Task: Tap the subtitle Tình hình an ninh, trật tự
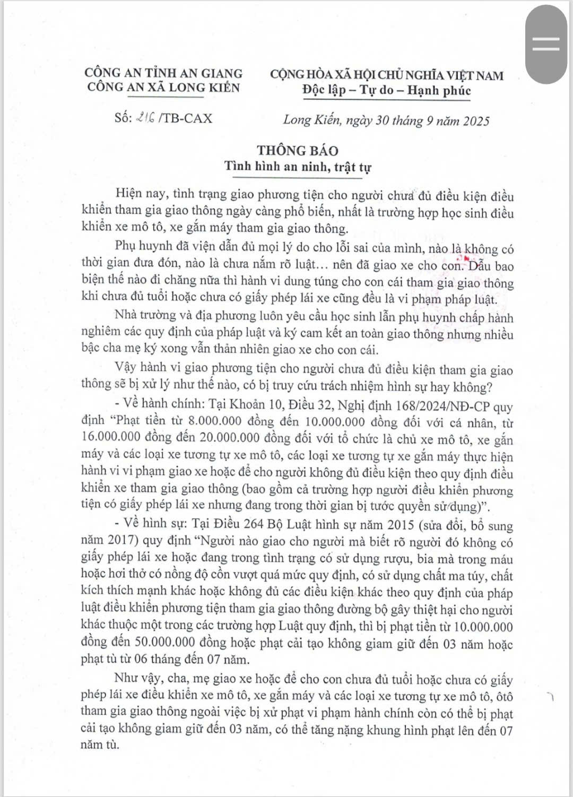click(x=298, y=167)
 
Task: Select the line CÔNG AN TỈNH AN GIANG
click(x=163, y=73)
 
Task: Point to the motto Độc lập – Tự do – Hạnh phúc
click(x=386, y=90)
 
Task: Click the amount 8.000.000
click(x=211, y=421)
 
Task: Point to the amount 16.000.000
click(x=114, y=437)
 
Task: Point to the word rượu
click(x=393, y=558)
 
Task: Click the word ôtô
click(x=502, y=696)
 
